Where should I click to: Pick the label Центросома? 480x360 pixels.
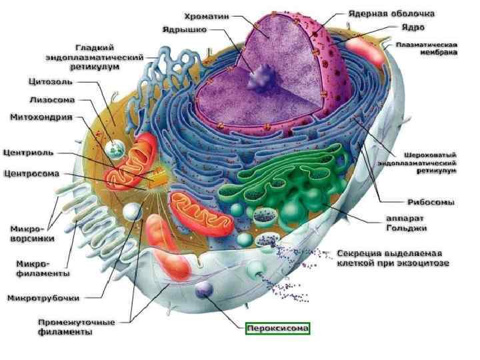32,174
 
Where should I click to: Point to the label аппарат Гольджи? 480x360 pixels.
407,224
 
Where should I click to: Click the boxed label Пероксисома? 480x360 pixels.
278,329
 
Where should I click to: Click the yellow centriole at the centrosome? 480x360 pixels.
159,180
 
